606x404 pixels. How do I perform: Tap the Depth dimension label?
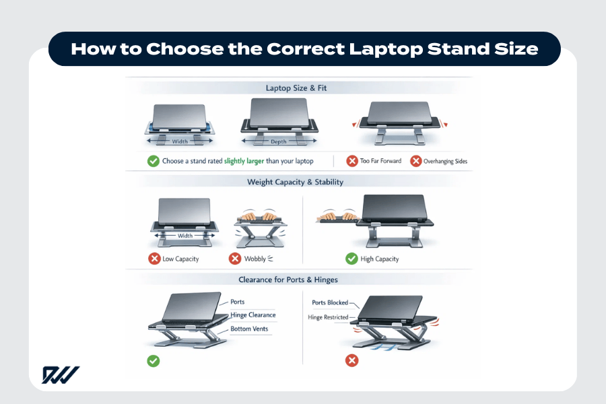pos(279,142)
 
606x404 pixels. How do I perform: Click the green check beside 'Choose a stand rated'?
pos(153,161)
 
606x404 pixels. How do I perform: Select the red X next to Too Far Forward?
pos(351,161)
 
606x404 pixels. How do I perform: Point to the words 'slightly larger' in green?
pos(239,161)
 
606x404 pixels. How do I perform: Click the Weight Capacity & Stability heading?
pos(295,182)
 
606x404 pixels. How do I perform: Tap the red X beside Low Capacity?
pos(154,259)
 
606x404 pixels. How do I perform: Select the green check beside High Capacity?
pos(351,259)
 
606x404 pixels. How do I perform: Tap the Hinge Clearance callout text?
pos(252,315)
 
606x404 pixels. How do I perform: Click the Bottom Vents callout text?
pos(250,329)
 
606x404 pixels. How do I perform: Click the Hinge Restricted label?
pos(328,317)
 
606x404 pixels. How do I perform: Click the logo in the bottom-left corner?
pos(61,374)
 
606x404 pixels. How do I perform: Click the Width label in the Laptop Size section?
pos(180,142)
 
